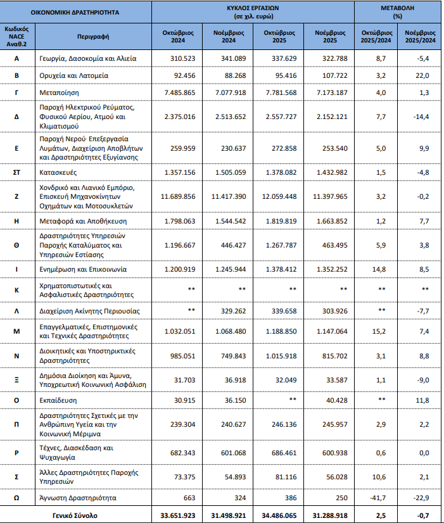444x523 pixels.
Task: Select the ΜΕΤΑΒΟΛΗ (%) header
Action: coord(398,12)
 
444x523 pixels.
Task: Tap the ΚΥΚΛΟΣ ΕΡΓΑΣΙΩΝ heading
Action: coord(253,12)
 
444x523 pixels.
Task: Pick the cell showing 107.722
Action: coord(331,75)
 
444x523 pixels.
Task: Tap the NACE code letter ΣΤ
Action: coord(19,172)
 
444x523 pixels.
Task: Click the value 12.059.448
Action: coord(279,196)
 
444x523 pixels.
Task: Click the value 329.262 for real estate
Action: coord(229,312)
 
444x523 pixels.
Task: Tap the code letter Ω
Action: coord(19,498)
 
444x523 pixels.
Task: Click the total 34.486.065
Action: coord(279,515)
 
